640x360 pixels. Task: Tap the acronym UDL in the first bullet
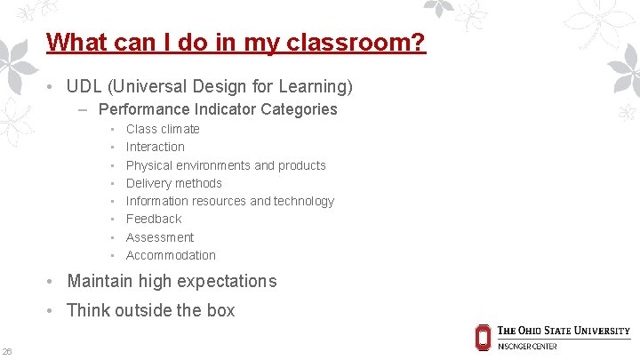pyautogui.click(x=84, y=86)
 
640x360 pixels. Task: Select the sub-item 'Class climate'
pyautogui.click(x=163, y=129)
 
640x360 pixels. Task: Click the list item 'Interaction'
pyautogui.click(x=156, y=147)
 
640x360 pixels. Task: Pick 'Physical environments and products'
pyautogui.click(x=226, y=165)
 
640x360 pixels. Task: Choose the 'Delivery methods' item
pyautogui.click(x=174, y=183)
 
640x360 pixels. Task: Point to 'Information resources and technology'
pyautogui.click(x=230, y=201)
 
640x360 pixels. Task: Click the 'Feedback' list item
pyautogui.click(x=154, y=219)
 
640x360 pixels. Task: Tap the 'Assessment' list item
pyautogui.click(x=160, y=237)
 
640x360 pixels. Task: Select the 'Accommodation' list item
pyautogui.click(x=171, y=255)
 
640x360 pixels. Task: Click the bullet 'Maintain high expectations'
pyautogui.click(x=172, y=281)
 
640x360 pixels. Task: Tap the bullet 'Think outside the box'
pyautogui.click(x=151, y=310)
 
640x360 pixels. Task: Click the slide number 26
pyautogui.click(x=7, y=350)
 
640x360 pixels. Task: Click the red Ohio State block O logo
pyautogui.click(x=483, y=337)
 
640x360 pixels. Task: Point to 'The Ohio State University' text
pyautogui.click(x=564, y=331)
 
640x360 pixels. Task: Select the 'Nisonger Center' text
pyautogui.click(x=527, y=347)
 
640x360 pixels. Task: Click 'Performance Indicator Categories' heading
pyautogui.click(x=218, y=109)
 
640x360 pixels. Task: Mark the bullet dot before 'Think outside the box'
pyautogui.click(x=52, y=311)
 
